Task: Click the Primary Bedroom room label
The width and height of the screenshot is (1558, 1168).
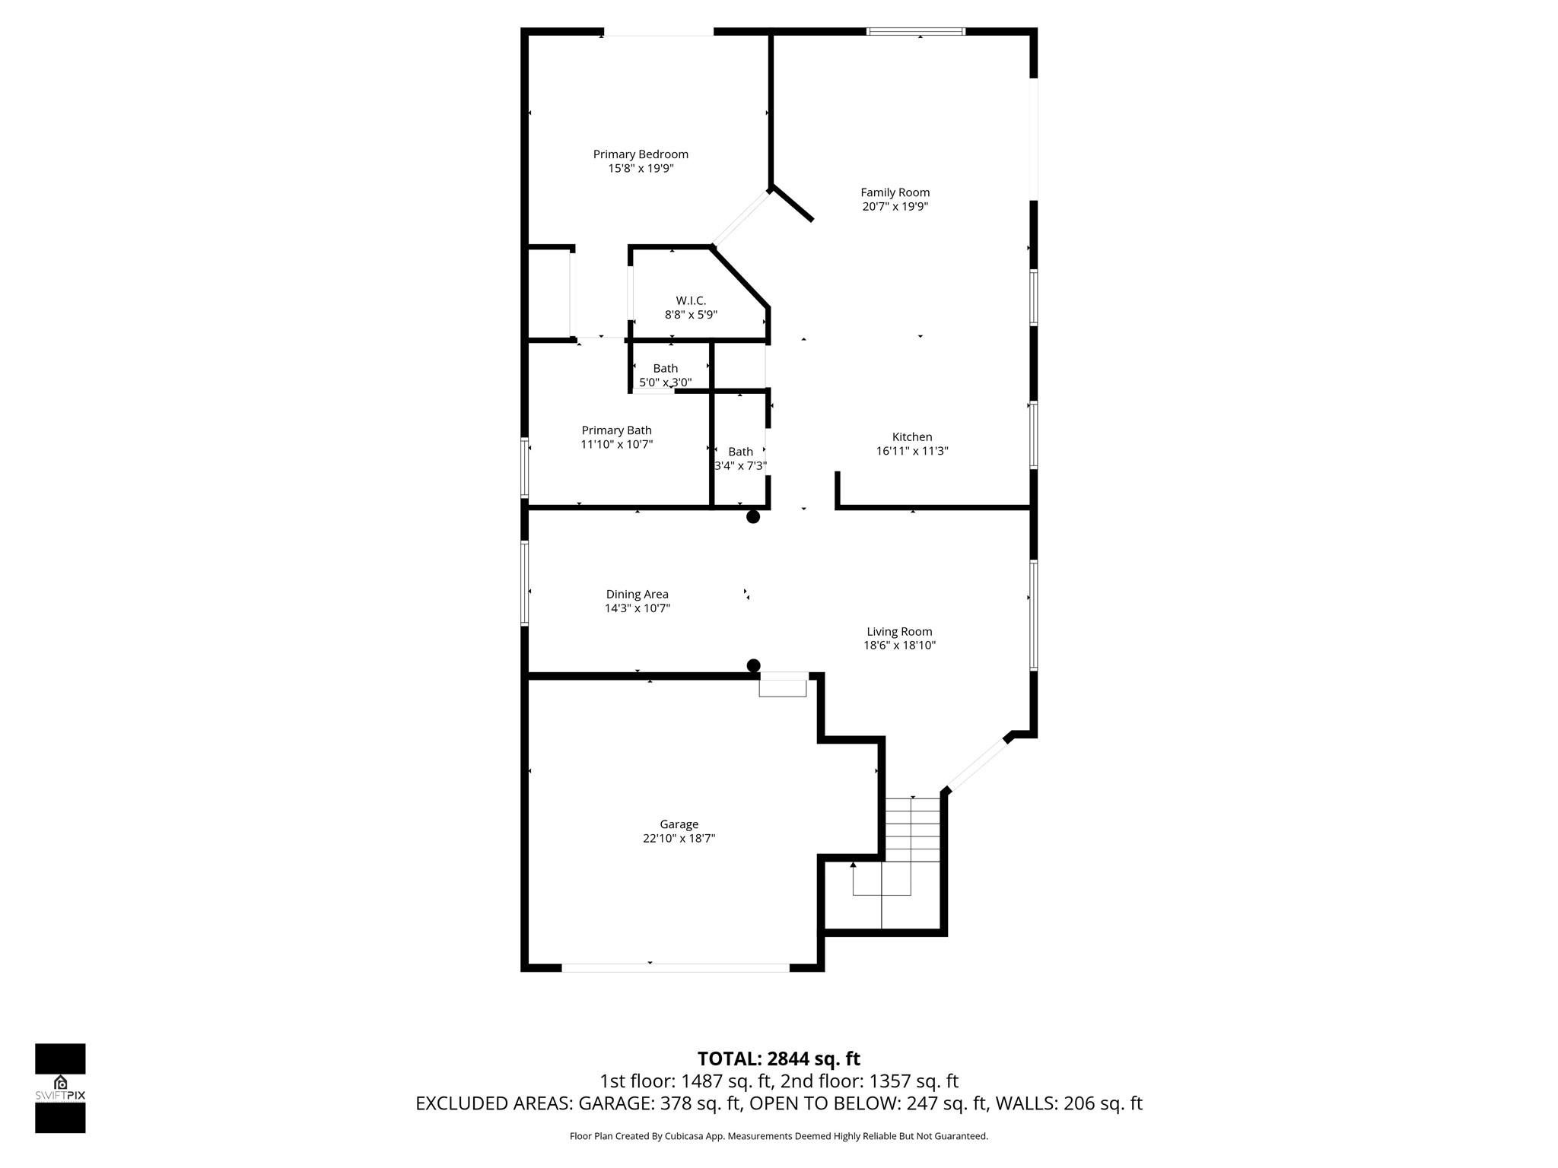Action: coord(641,154)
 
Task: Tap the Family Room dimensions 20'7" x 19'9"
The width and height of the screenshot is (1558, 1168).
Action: coord(895,206)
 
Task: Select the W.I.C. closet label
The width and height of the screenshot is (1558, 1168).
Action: coord(691,301)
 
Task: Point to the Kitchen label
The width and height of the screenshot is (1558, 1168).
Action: coord(912,437)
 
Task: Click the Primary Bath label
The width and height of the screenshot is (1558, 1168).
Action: coord(616,430)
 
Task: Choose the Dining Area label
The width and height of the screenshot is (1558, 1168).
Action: coord(638,595)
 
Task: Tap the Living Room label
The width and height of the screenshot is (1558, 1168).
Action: coord(899,631)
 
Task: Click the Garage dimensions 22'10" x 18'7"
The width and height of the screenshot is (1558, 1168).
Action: coord(679,838)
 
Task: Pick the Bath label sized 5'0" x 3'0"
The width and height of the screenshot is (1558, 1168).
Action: coord(666,369)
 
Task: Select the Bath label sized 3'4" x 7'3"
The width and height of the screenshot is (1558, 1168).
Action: coord(740,452)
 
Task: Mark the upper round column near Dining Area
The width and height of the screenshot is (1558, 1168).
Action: coord(753,517)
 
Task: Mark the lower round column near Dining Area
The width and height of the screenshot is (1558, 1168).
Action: coord(753,666)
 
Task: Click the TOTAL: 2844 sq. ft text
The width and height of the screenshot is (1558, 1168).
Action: coord(779,1058)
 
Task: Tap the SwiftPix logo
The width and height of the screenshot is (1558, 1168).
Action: coord(60,1088)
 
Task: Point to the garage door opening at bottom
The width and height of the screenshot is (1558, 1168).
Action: coord(676,967)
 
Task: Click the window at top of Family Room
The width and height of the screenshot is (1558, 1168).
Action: coord(917,32)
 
